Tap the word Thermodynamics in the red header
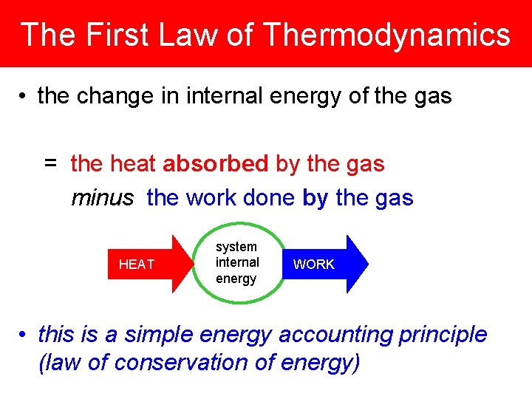(x=386, y=35)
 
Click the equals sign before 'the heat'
(x=50, y=163)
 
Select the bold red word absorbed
(x=215, y=163)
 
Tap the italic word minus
(x=103, y=197)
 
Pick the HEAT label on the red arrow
(x=137, y=265)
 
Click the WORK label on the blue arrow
(x=314, y=265)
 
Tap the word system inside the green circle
(x=236, y=247)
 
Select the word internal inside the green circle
(x=237, y=262)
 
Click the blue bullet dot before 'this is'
(x=24, y=335)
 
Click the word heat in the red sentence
(x=134, y=163)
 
